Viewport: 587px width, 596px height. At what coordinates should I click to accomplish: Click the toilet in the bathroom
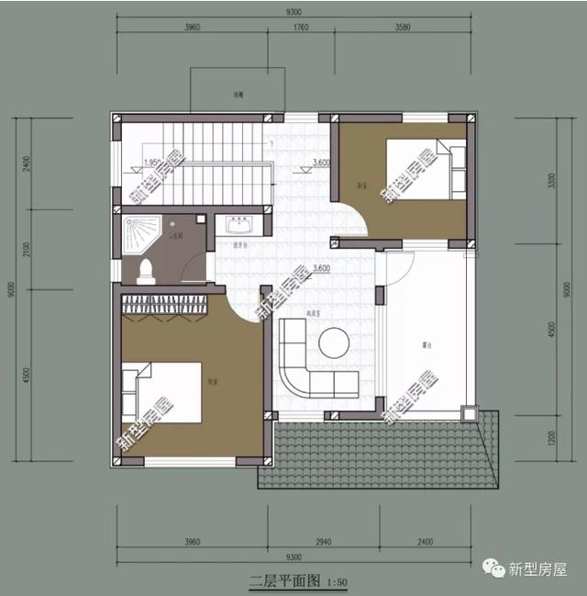[x=144, y=269]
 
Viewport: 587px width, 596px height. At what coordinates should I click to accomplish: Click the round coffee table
[x=334, y=343]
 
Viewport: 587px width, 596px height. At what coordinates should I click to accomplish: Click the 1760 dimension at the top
[x=300, y=28]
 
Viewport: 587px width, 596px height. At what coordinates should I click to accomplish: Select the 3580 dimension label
[x=403, y=28]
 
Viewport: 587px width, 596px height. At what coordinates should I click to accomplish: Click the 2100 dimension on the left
[x=27, y=250]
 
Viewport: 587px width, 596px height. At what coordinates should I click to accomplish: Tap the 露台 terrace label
[x=426, y=346]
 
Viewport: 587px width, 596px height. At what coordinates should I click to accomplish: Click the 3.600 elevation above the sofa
[x=321, y=267]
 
